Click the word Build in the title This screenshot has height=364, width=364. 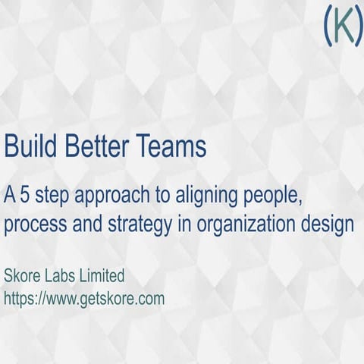click(29, 146)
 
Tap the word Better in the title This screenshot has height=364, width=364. click(99, 146)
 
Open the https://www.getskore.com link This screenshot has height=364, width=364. click(84, 299)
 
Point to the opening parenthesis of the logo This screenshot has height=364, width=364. click(326, 27)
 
